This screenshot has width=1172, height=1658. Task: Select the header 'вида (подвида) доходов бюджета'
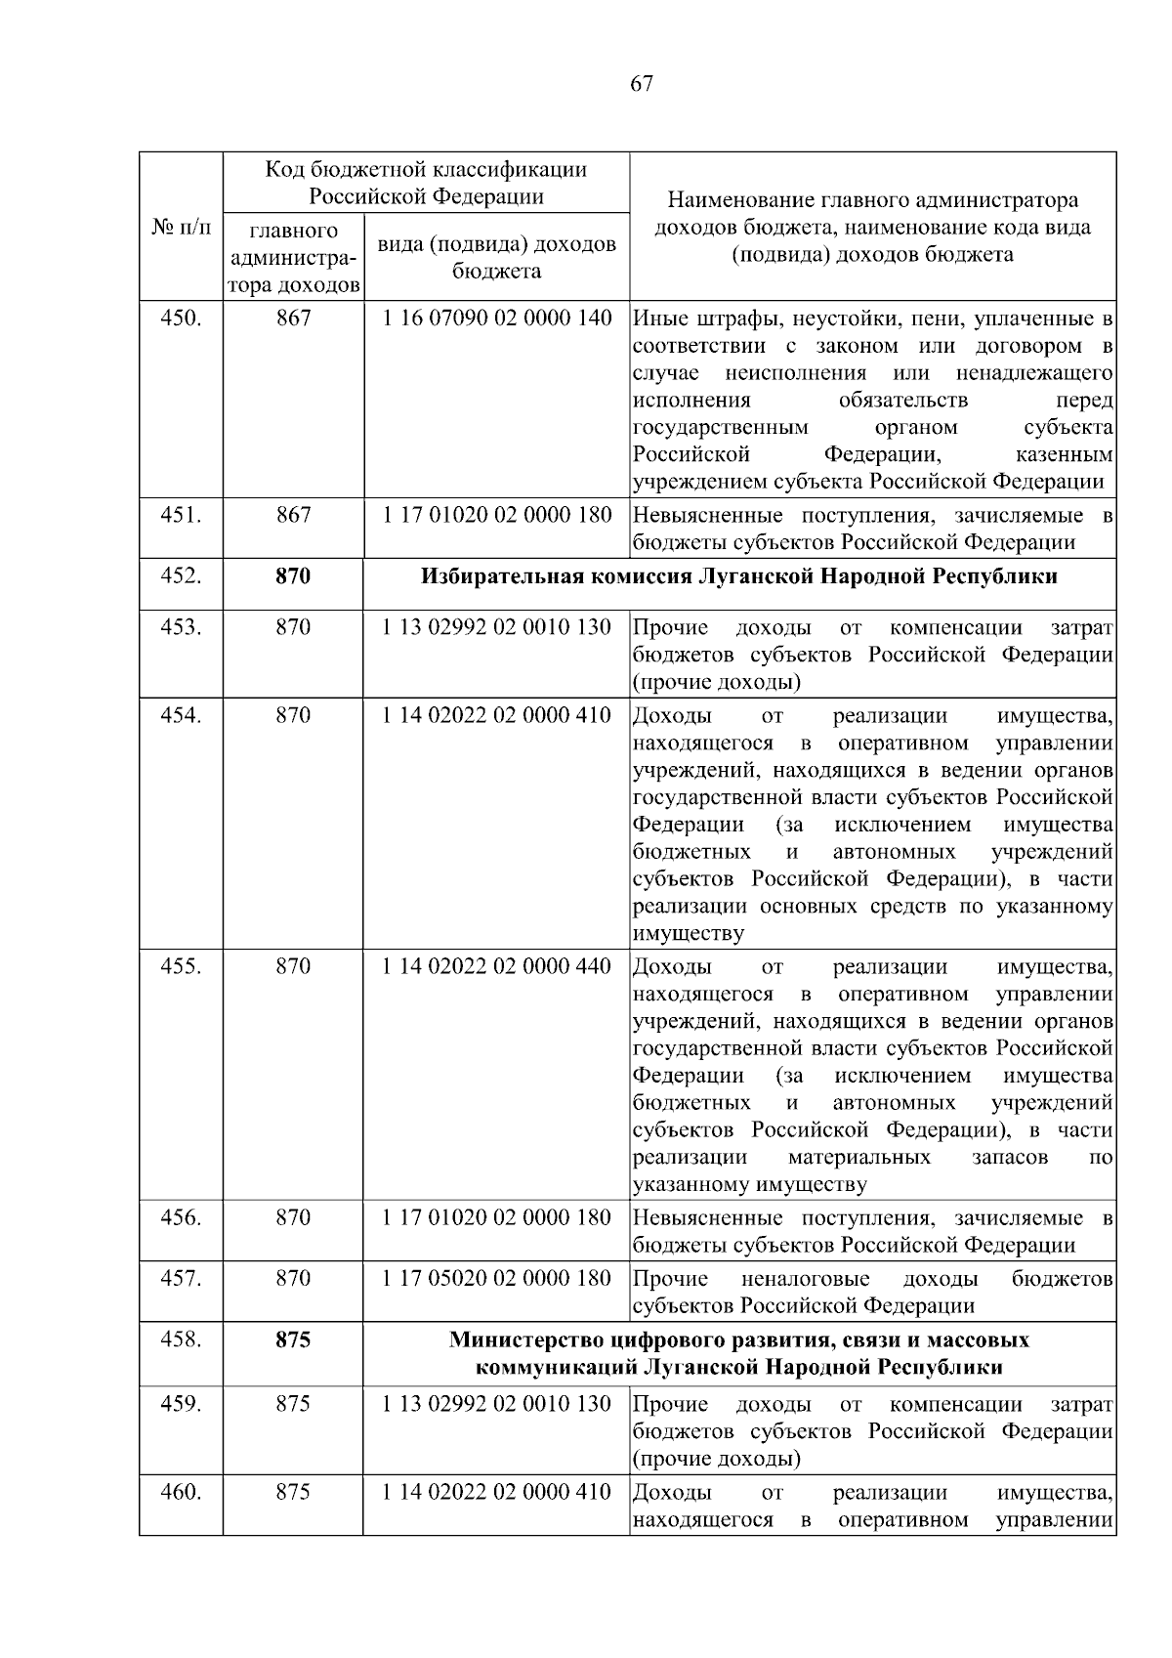pyautogui.click(x=496, y=257)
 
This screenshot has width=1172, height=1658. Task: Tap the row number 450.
pyautogui.click(x=181, y=318)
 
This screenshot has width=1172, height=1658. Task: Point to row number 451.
pyautogui.click(x=181, y=515)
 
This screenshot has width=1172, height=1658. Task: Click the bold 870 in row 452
pyautogui.click(x=293, y=576)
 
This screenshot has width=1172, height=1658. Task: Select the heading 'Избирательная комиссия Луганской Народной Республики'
pyautogui.click(x=738, y=576)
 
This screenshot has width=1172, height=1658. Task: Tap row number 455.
pyautogui.click(x=181, y=966)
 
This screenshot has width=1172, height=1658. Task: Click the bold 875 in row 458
pyautogui.click(x=293, y=1339)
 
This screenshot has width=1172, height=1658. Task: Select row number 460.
pyautogui.click(x=181, y=1492)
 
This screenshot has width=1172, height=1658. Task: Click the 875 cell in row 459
pyautogui.click(x=293, y=1404)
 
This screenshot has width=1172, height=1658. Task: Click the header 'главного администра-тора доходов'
pyautogui.click(x=293, y=258)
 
